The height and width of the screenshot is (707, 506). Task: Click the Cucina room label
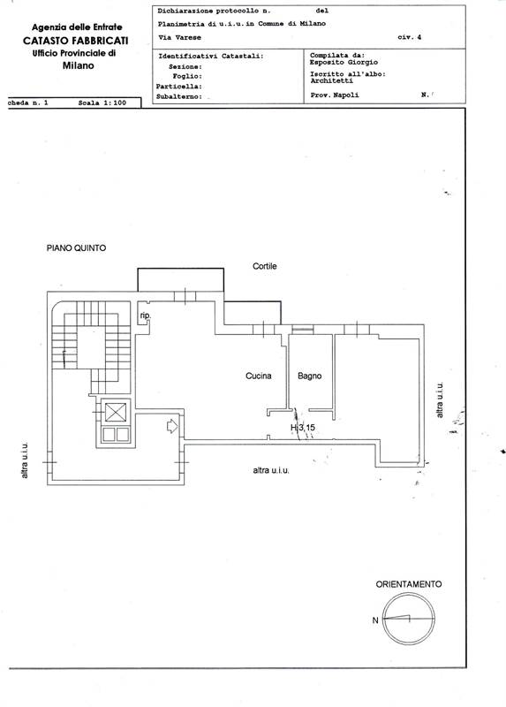pos(258,376)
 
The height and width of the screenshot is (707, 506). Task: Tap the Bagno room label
pos(310,376)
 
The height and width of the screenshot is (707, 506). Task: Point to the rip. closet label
pos(145,315)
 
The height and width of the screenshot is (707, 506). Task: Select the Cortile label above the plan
pos(265,266)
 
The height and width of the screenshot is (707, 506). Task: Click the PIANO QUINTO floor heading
pos(76,248)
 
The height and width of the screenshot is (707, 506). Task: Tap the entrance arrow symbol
pos(172,426)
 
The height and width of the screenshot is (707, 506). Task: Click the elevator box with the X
pos(116,412)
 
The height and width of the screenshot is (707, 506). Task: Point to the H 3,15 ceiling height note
pos(303,427)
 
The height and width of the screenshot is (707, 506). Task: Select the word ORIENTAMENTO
pos(409,584)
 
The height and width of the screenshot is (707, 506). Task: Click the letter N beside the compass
pos(375,620)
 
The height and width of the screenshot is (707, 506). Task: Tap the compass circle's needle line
pos(396,618)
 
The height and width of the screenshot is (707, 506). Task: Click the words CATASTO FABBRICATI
pos(76,41)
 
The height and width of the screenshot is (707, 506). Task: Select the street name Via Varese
pos(180,37)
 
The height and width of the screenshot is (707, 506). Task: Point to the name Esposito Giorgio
pos(344,62)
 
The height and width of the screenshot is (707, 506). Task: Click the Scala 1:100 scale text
pos(102,103)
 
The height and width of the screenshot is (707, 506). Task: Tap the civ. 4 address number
pos(410,37)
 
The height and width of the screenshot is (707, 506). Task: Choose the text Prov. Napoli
pos(335,95)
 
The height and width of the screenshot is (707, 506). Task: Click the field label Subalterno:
pos(179,96)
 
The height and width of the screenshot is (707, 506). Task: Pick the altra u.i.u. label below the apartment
pos(271,470)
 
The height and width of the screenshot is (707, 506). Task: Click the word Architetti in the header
pos(332,80)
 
